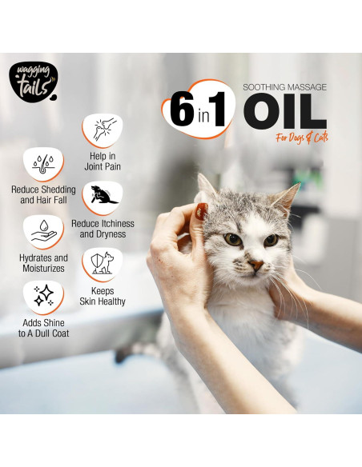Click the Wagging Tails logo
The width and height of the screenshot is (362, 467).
pos(33,83)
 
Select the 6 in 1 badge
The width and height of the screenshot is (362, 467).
pos(199,110)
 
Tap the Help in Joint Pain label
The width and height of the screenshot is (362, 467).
pos(103,162)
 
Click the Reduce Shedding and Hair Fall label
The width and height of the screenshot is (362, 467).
pos(43,194)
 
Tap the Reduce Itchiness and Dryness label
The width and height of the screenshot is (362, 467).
pos(103,230)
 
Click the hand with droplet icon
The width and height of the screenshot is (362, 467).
pos(43,233)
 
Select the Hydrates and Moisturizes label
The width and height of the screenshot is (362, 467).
pos(43,264)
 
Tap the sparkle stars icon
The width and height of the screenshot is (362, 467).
pos(43,297)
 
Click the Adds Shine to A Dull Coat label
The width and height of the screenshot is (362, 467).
pos(43,327)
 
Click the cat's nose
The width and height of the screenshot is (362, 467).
pos(255,263)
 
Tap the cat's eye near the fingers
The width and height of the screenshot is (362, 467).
pos(232,238)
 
